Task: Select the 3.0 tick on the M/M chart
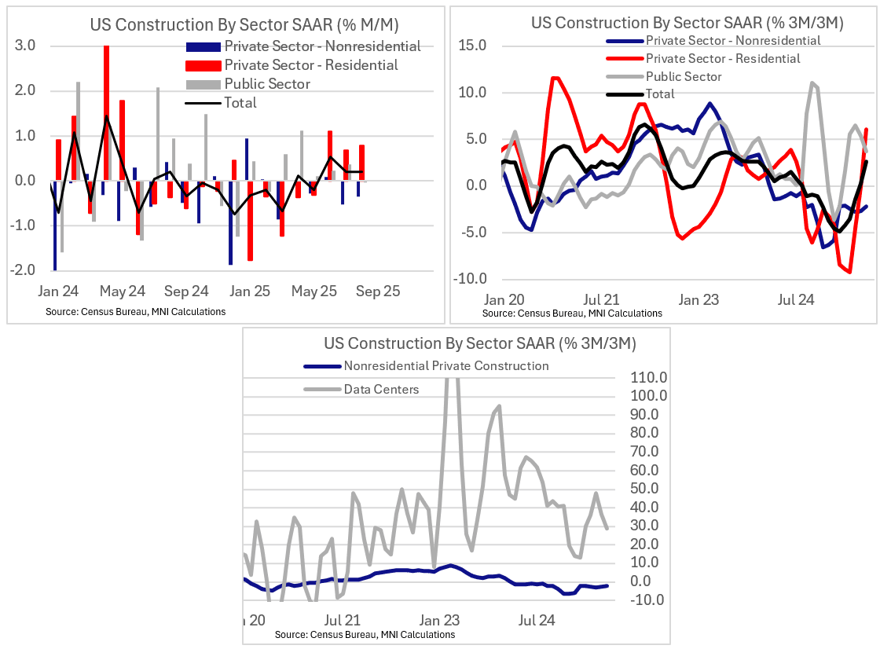tap(26, 46)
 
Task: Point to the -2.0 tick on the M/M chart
tap(24, 270)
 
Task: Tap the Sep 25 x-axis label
tap(379, 291)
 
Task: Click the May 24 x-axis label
tap(124, 291)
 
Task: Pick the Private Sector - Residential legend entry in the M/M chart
tap(310, 65)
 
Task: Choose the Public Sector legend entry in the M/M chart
tap(267, 84)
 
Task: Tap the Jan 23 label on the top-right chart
tap(698, 299)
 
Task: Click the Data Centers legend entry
tap(381, 390)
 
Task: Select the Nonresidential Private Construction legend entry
tap(445, 366)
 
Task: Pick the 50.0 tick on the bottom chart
tap(649, 489)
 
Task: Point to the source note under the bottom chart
tap(365, 635)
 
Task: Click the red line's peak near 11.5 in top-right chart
tap(555, 78)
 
